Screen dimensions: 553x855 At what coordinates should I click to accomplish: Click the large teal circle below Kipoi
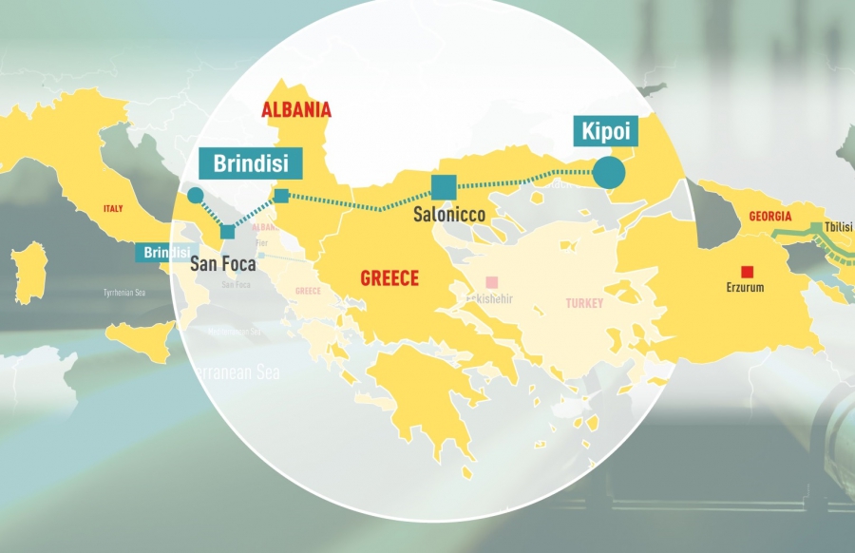click(609, 172)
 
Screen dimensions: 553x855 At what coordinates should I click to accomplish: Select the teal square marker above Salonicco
click(444, 186)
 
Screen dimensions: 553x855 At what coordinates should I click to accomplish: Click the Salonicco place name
click(449, 215)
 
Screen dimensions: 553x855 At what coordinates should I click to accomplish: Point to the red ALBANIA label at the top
click(296, 109)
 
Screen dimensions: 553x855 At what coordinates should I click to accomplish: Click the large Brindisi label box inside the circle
click(250, 162)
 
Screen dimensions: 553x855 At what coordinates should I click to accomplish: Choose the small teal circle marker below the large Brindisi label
click(196, 196)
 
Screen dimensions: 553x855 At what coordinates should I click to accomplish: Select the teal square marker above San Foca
click(227, 232)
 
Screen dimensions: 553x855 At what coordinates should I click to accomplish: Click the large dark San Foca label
click(223, 263)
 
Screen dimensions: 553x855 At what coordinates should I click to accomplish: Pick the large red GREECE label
click(389, 278)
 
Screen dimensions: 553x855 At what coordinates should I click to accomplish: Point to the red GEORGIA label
click(769, 217)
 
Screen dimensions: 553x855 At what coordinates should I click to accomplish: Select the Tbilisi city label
click(839, 227)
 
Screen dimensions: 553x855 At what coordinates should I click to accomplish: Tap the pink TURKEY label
click(584, 303)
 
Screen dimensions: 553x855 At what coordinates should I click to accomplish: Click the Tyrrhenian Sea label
click(124, 293)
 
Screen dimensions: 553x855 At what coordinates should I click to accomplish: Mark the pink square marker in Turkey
click(491, 282)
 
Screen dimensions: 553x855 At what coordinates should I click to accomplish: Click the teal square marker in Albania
click(280, 196)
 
